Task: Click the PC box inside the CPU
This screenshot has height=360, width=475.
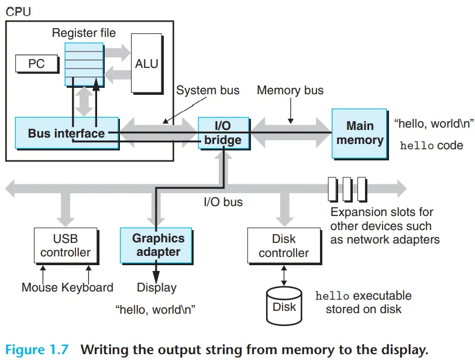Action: pos(37,64)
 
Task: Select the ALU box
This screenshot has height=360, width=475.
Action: pos(147,64)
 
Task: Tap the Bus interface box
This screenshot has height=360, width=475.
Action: pos(67,133)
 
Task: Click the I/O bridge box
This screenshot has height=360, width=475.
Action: pos(224,133)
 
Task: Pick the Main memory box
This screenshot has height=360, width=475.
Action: pos(360,133)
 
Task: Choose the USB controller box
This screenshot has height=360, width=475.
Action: pos(66,246)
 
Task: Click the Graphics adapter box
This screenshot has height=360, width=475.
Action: pos(156,246)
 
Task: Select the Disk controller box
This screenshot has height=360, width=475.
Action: pos(284,246)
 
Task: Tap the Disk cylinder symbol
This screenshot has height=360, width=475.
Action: pos(284,306)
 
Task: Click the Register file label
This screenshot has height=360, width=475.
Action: pos(84,33)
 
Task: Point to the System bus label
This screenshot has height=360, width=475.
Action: pos(208,90)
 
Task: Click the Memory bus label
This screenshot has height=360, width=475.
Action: pos(290,90)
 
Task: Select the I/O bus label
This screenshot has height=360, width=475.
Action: pos(223,202)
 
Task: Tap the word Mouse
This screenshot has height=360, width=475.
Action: pos(40,287)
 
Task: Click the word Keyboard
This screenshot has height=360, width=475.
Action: pos(88,287)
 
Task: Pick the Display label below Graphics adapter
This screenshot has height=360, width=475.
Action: pos(157,287)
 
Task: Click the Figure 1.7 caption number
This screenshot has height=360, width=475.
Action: pos(37,349)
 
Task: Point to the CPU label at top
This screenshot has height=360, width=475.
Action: pos(18,12)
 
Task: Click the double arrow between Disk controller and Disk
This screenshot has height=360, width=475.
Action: pos(284,276)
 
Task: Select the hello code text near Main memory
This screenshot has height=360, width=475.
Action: pos(431,145)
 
